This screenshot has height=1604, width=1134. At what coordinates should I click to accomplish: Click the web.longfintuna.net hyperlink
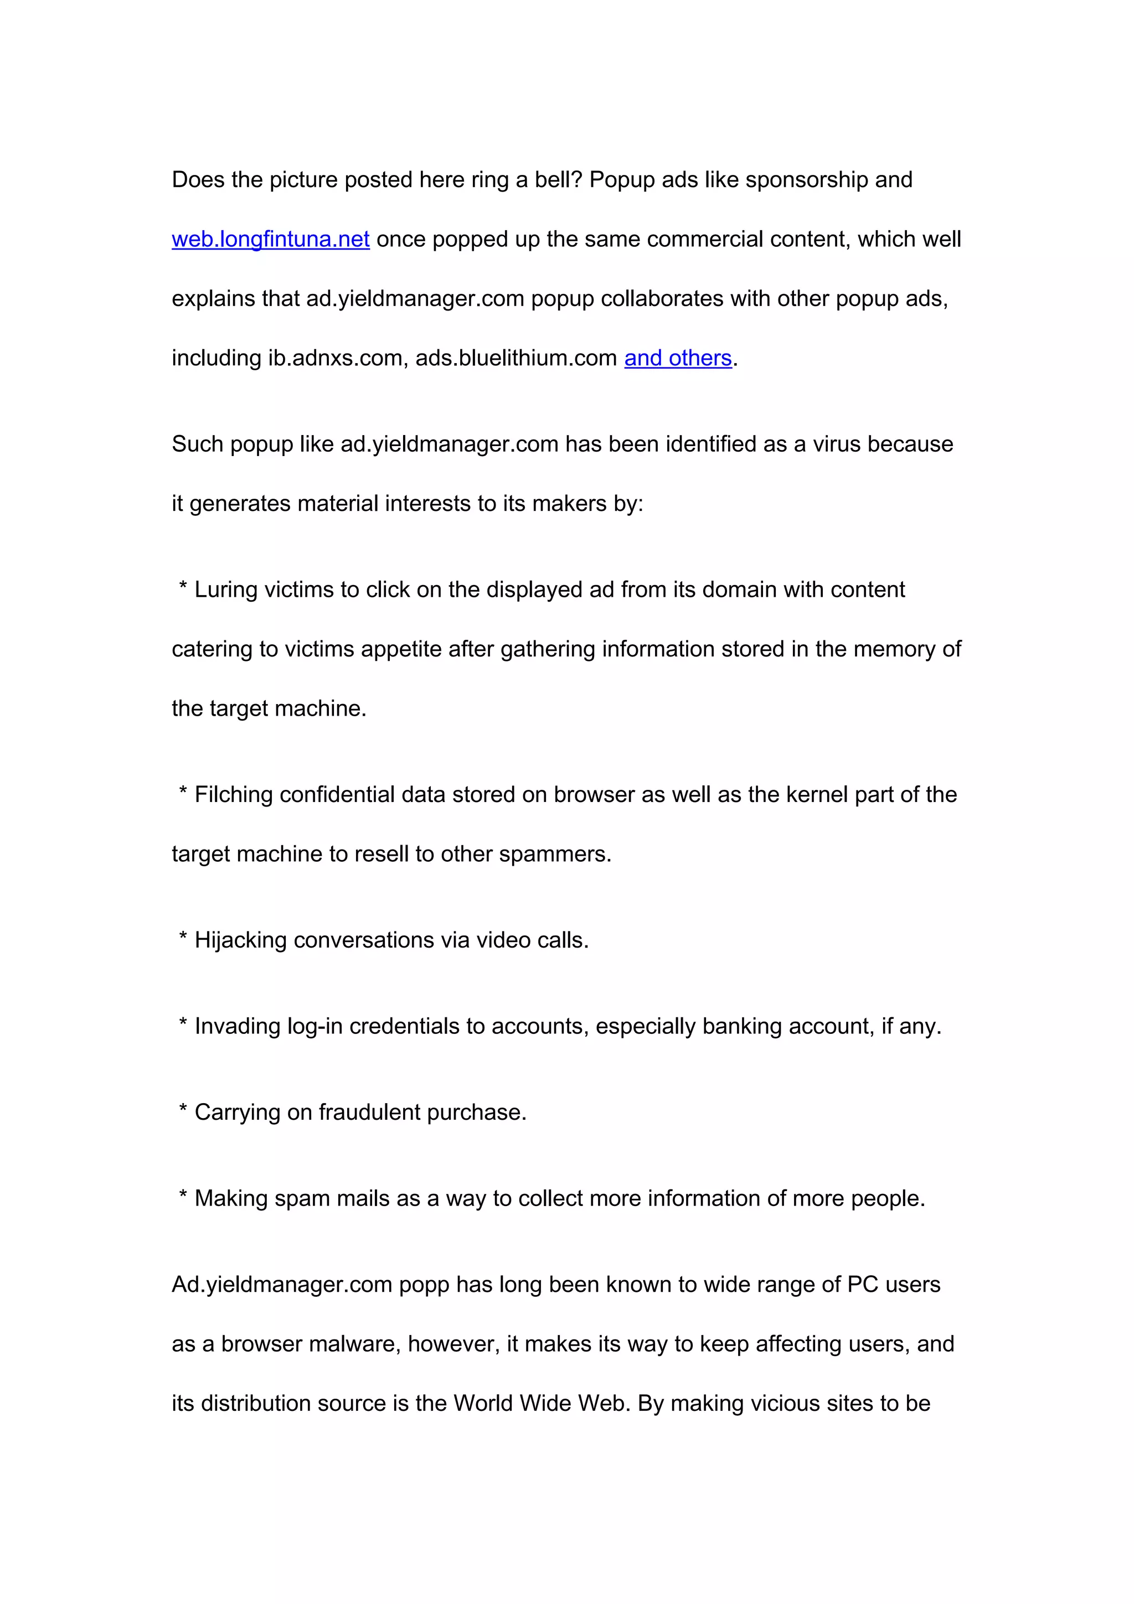coord(270,240)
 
